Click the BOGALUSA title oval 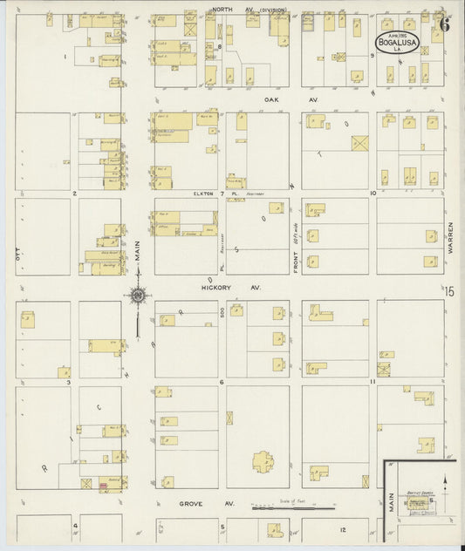399,42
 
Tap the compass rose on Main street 138,297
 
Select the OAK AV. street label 279,99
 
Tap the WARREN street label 451,236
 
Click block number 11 373,382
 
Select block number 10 373,193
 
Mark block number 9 373,55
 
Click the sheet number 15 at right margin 449,293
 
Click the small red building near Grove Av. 103,486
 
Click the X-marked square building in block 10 359,142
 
